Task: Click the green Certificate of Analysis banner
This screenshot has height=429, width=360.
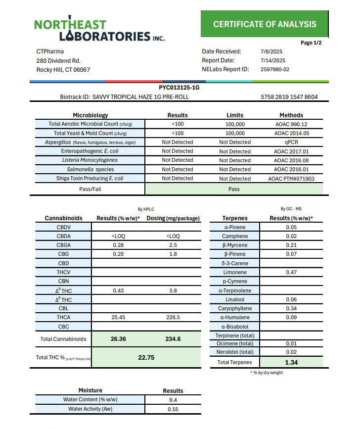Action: (265, 24)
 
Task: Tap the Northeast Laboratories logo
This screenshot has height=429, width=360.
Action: (99, 30)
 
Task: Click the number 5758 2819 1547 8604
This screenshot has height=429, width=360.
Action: (289, 97)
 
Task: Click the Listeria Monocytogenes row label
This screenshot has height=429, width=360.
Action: (90, 160)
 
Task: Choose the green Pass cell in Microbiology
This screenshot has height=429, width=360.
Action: (234, 189)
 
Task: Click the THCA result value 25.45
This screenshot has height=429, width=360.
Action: (118, 317)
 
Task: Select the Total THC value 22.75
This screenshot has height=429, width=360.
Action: (146, 358)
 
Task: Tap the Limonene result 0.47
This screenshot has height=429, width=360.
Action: (291, 272)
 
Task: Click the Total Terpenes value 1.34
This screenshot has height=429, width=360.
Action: (291, 363)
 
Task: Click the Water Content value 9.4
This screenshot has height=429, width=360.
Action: (173, 400)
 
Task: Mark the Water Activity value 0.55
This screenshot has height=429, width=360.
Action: (173, 409)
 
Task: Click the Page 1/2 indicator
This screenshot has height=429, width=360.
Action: (311, 43)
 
